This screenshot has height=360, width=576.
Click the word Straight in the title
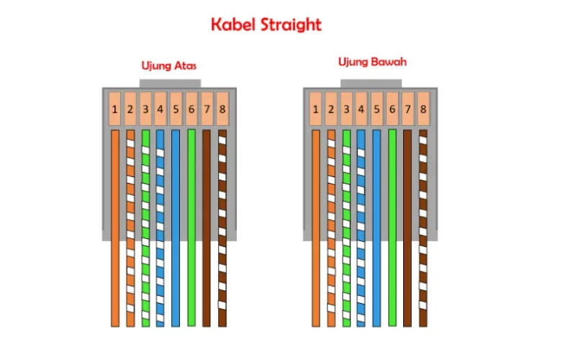point(291,26)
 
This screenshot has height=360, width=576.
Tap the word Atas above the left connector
point(185,66)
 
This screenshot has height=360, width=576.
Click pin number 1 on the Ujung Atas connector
point(114,109)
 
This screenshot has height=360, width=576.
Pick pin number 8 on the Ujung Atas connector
point(222,109)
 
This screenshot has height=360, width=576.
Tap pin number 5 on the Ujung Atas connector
point(176,109)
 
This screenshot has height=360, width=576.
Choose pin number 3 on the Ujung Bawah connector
point(346,109)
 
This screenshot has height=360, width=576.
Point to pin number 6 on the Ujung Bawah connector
point(392,109)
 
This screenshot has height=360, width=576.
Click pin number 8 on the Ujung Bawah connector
point(423,109)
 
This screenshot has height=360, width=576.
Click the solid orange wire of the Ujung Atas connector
point(115,228)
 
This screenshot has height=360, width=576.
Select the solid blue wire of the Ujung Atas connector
point(176,228)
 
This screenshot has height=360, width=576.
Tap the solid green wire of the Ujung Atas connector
point(192,228)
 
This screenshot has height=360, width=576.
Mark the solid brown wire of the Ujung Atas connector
point(207,228)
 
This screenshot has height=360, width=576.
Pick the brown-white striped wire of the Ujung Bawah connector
point(423,228)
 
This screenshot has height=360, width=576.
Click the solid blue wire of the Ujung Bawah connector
point(377,228)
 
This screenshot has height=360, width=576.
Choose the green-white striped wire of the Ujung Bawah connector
point(346,228)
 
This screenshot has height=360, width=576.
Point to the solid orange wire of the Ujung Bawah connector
point(316,228)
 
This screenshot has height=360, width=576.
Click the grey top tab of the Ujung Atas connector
point(170,84)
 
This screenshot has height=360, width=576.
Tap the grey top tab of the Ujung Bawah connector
point(371,84)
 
